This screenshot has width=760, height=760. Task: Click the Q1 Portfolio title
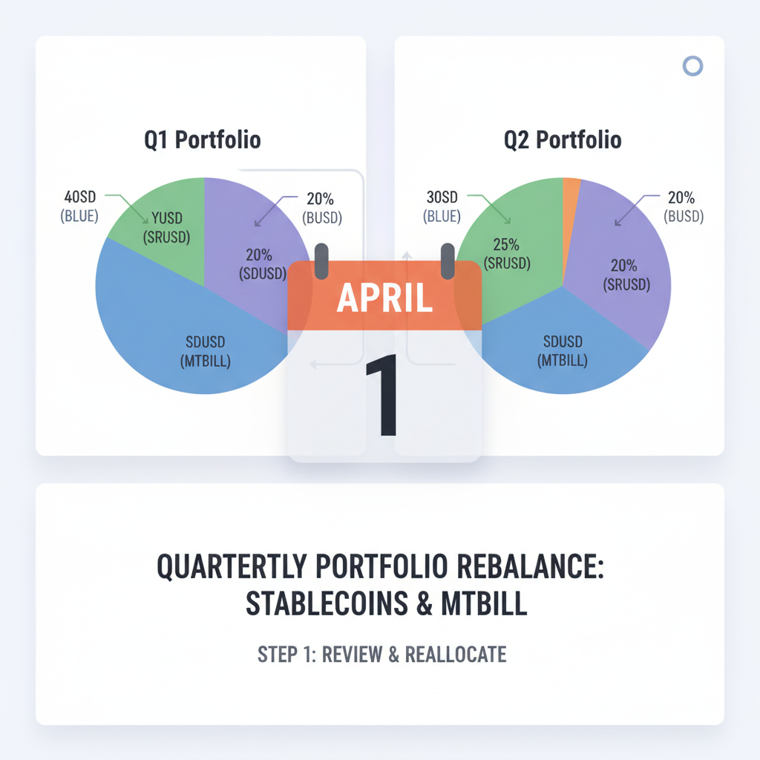[x=203, y=140]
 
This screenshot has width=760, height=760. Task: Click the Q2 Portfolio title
[x=562, y=140]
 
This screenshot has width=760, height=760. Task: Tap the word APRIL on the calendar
[x=384, y=297]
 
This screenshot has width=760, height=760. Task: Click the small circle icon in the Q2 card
[x=692, y=66]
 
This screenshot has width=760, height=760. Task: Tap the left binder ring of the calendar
[x=321, y=261]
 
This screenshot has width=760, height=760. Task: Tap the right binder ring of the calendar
[x=448, y=261]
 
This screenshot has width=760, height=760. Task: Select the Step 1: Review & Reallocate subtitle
[x=381, y=654]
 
